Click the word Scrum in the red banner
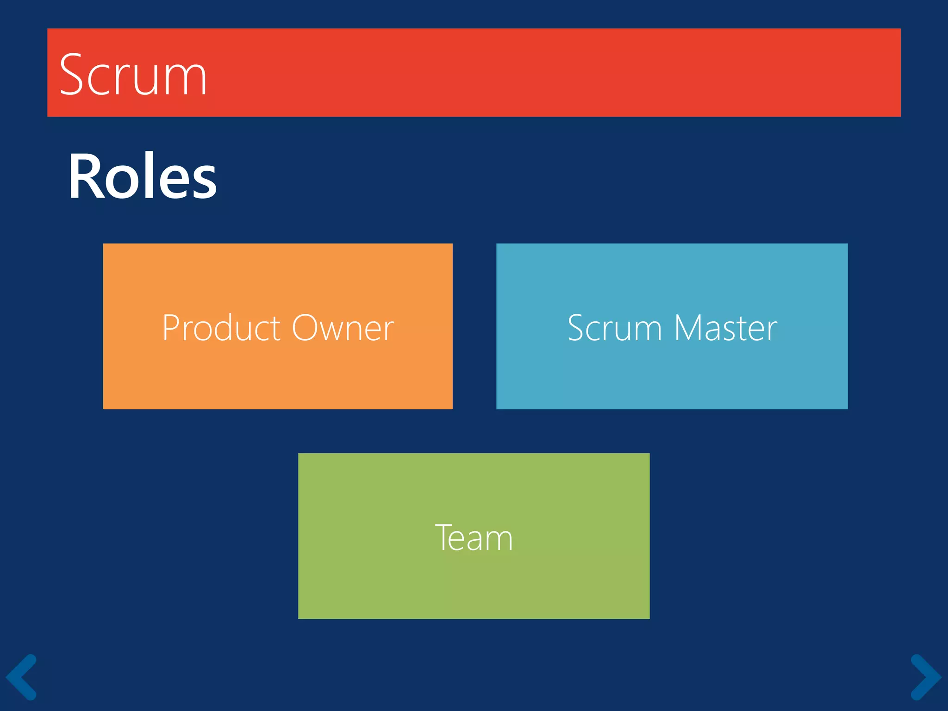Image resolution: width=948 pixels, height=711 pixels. pos(133,75)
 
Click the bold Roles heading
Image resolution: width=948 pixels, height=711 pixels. pos(143,177)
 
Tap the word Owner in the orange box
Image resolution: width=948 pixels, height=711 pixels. pos(343,328)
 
